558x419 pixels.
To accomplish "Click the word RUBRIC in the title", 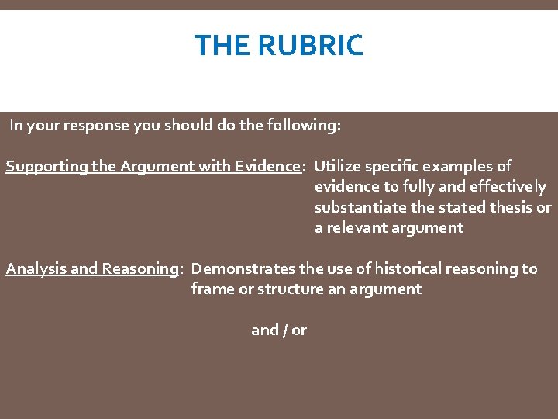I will click(x=311, y=46).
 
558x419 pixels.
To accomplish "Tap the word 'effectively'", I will click(x=508, y=187).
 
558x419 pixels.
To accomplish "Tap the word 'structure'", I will click(x=287, y=289).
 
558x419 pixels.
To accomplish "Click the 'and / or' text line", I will click(x=279, y=330).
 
